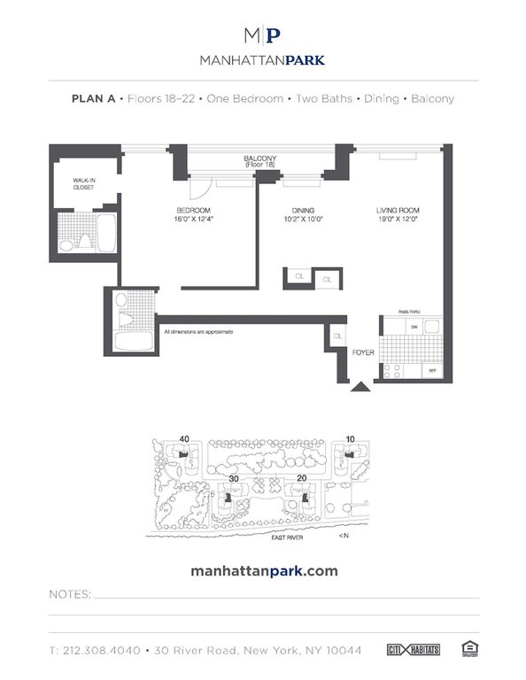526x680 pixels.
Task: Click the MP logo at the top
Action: point(263,35)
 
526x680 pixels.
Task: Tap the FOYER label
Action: point(363,352)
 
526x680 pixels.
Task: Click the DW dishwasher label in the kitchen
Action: point(414,327)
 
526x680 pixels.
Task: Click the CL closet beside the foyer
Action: point(337,336)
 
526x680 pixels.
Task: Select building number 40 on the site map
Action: point(184,438)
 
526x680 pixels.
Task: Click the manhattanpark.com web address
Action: point(264,571)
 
